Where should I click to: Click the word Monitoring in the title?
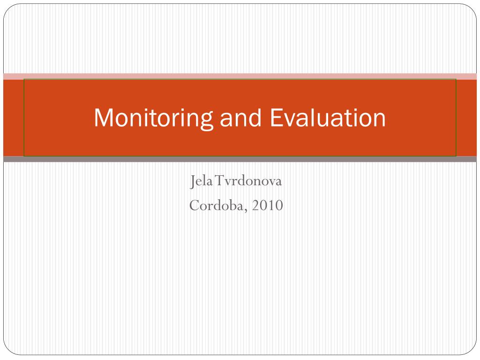click(154, 118)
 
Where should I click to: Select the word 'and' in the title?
click(241, 118)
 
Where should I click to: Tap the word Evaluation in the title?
click(328, 118)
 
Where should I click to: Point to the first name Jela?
click(200, 181)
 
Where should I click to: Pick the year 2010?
click(267, 205)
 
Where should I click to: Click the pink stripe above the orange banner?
click(240, 76)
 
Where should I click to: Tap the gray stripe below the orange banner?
click(240, 159)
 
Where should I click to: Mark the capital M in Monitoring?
click(102, 118)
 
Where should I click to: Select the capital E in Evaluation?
click(276, 118)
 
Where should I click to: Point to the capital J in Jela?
click(193, 181)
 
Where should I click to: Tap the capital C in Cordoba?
click(195, 205)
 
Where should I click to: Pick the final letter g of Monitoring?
click(207, 120)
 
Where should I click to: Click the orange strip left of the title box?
click(13, 118)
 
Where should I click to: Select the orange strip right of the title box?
click(466, 118)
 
